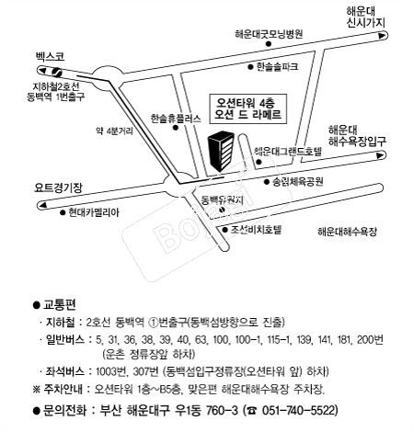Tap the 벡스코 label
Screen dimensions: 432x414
47,57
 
